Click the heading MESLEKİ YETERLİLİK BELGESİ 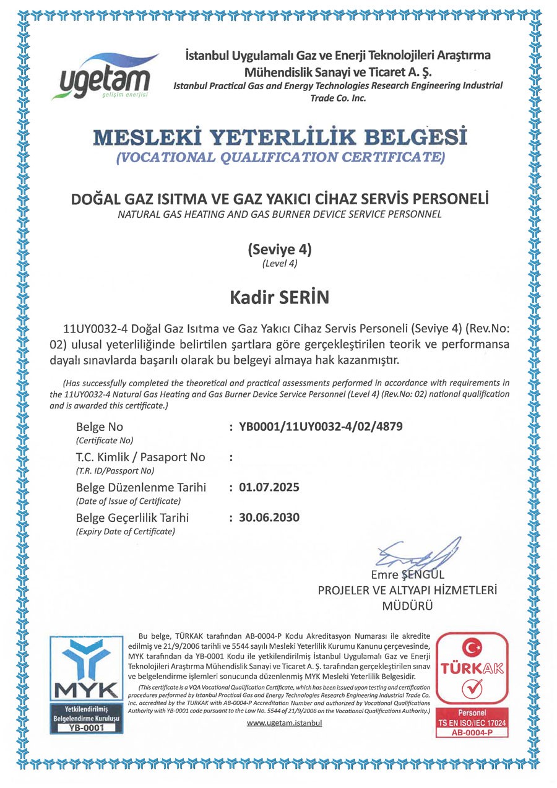(x=280, y=136)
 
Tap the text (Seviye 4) (x=279, y=251)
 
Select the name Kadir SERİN (x=279, y=298)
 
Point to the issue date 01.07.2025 (x=269, y=487)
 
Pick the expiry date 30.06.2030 (x=269, y=517)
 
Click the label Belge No (x=100, y=427)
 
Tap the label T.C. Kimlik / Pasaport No (x=140, y=457)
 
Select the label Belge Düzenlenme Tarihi (x=141, y=487)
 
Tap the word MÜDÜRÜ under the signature (x=408, y=606)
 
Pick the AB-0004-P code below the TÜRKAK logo (x=473, y=732)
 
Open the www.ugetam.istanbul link (x=285, y=723)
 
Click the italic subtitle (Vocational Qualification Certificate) (x=280, y=157)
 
